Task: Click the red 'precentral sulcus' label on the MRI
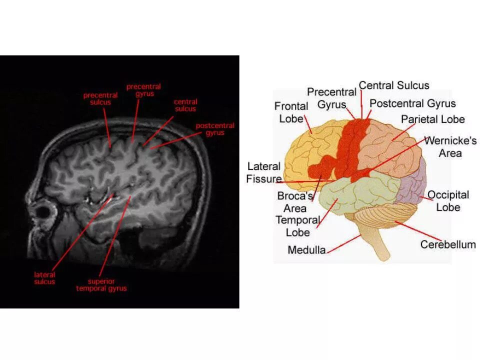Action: pos(100,98)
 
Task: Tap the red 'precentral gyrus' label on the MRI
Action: pos(143,90)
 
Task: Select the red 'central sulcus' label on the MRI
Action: pos(185,105)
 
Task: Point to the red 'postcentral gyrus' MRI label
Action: pos(215,129)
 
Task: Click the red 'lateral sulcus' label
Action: pos(44,278)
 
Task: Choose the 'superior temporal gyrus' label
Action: pos(101,285)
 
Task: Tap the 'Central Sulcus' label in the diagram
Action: pos(394,85)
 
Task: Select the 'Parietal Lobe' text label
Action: pos(433,119)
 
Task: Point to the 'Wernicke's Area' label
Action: pos(450,146)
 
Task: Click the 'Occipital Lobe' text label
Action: pos(448,200)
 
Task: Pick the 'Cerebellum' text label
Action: pos(448,244)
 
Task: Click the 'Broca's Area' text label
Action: pos(295,202)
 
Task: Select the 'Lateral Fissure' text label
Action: pos(264,172)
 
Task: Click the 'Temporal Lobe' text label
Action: pos(297,226)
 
